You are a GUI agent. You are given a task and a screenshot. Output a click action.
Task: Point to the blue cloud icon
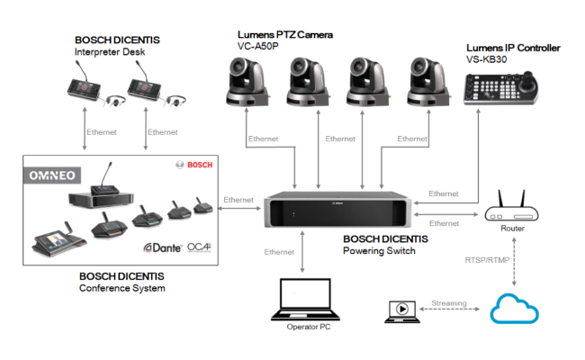point(515,309)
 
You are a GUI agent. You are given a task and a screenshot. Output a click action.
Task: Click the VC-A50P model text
point(257,44)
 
